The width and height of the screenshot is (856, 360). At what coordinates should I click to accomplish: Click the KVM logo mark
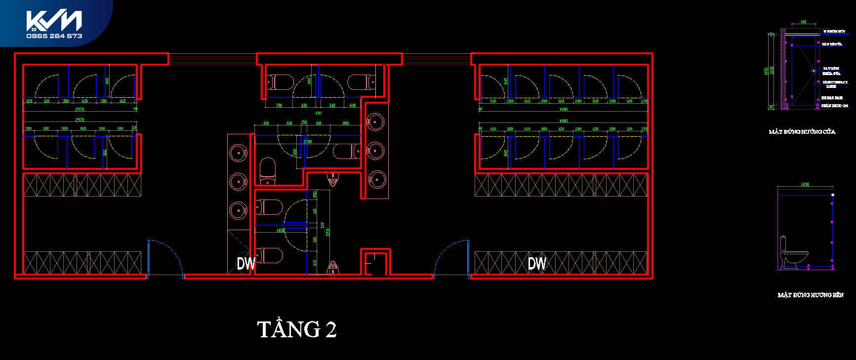pyautogui.click(x=54, y=21)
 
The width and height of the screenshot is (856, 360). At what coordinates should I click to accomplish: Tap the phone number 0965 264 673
pyautogui.click(x=54, y=36)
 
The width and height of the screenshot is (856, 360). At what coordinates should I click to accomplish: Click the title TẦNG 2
pyautogui.click(x=297, y=329)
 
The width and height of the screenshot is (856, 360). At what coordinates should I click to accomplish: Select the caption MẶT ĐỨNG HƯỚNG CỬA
pyautogui.click(x=802, y=132)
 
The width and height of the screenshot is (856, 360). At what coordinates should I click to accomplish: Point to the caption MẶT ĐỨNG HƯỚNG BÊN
pyautogui.click(x=811, y=295)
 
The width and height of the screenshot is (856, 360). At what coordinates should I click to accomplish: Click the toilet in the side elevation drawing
pyautogui.click(x=792, y=255)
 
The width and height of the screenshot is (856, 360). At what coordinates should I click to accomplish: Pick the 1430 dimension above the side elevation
pyautogui.click(x=805, y=185)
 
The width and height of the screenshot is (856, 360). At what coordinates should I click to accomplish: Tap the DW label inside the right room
pyautogui.click(x=537, y=264)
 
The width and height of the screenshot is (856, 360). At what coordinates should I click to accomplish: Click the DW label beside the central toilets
pyautogui.click(x=246, y=264)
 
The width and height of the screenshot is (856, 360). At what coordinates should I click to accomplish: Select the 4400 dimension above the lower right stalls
pyautogui.click(x=563, y=120)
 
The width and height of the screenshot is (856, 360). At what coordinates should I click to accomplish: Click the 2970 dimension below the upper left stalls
pyautogui.click(x=80, y=109)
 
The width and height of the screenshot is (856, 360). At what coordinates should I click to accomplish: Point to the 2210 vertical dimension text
pyautogui.click(x=327, y=232)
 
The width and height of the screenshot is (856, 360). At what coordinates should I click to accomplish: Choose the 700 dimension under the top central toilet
pyautogui.click(x=279, y=105)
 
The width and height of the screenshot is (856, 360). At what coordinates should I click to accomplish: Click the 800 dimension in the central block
pyautogui.click(x=345, y=123)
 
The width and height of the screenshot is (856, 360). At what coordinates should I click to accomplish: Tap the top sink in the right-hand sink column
pyautogui.click(x=375, y=121)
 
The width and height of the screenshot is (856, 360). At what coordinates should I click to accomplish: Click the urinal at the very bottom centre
pyautogui.click(x=333, y=268)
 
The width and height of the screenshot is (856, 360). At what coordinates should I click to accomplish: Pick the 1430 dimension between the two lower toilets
pyautogui.click(x=281, y=230)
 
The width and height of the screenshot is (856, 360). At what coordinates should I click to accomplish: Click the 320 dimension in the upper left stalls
pyautogui.click(x=29, y=101)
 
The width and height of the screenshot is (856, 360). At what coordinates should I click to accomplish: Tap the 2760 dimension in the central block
pyautogui.click(x=308, y=142)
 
